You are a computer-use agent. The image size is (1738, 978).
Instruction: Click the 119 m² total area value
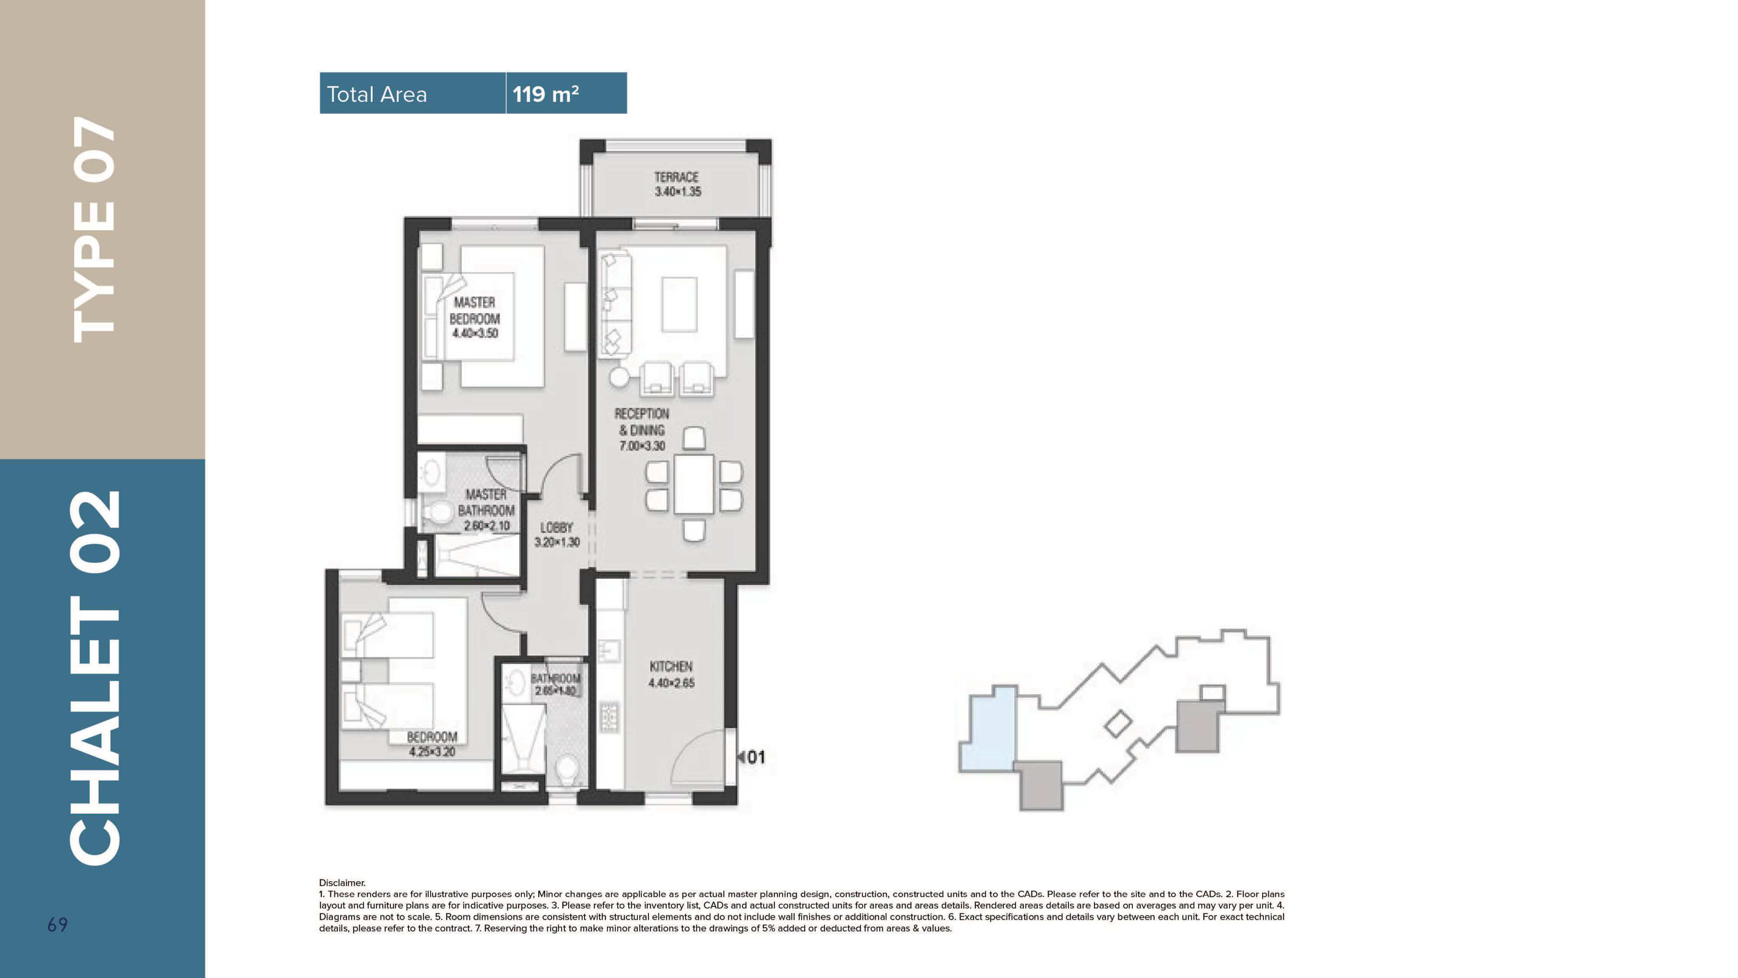point(545,94)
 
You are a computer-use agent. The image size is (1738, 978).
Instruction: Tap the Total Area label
point(376,94)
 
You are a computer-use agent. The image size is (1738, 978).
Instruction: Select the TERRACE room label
point(676,177)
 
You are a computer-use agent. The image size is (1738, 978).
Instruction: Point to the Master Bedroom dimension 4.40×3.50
point(475,333)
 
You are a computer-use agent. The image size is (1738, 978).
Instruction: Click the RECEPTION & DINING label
point(642,422)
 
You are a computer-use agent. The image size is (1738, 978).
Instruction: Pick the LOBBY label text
point(557,528)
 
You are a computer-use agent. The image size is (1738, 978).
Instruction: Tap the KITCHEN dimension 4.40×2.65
point(671,683)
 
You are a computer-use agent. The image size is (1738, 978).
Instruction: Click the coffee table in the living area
point(680,304)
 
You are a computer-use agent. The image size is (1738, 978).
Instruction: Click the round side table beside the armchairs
point(619,377)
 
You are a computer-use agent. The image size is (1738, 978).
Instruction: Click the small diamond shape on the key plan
point(1118,724)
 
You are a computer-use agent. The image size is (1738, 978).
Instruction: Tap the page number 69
point(57,925)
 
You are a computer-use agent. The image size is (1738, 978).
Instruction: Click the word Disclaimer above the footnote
point(342,882)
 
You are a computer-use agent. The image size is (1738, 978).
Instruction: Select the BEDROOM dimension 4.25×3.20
point(432,751)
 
